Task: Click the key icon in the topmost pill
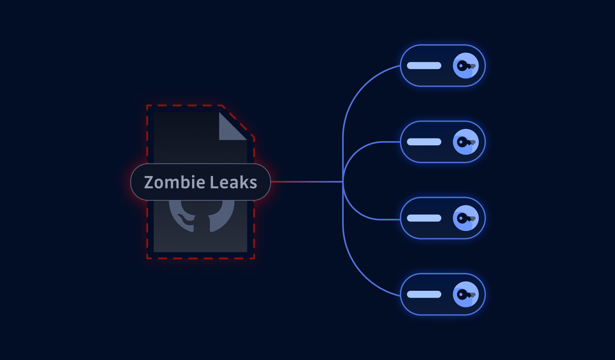click(x=466, y=66)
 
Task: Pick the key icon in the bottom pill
click(x=466, y=294)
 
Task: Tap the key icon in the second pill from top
click(x=466, y=142)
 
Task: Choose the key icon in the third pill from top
click(x=466, y=218)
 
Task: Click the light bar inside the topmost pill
click(x=424, y=66)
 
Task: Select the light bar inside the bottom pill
click(x=424, y=294)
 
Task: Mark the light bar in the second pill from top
click(x=424, y=142)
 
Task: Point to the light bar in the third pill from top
click(x=424, y=218)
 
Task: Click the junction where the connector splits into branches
click(x=343, y=182)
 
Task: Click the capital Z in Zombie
click(x=149, y=182)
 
